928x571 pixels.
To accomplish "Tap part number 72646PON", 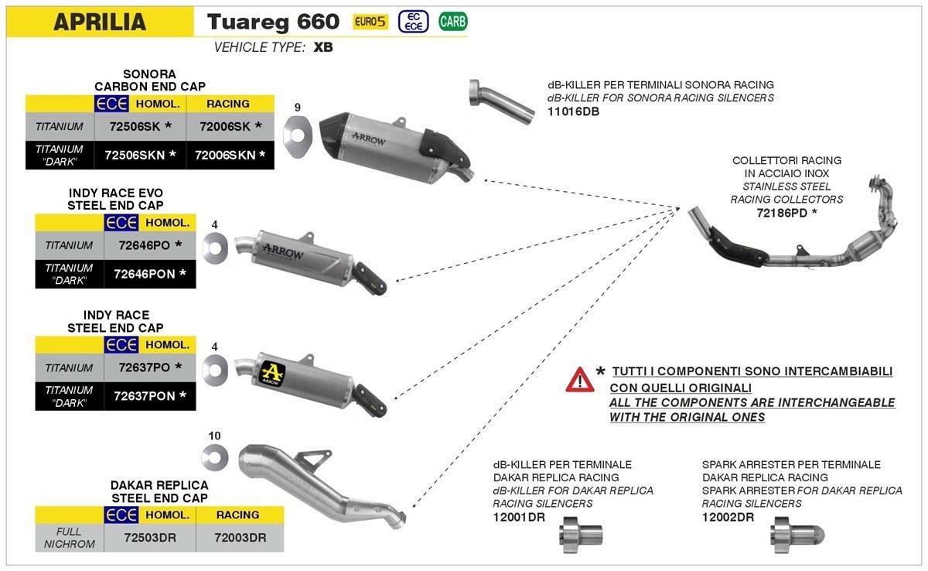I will point(144,273).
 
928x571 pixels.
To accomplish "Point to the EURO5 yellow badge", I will point(370,22).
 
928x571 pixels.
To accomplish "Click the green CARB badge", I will point(452,22).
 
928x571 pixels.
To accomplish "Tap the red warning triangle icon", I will point(579,379).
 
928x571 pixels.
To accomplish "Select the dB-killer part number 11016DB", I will point(573,111).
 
